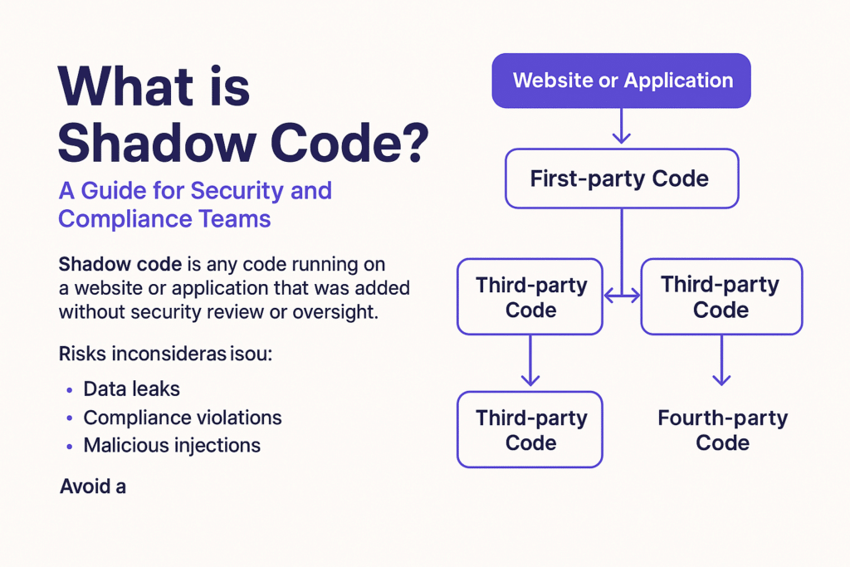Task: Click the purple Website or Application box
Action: tap(622, 81)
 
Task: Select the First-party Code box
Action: tap(621, 178)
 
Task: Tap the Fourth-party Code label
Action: tap(722, 430)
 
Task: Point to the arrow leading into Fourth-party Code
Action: tap(722, 360)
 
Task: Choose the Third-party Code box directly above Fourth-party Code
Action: tap(721, 297)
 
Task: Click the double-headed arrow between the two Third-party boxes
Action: tap(622, 295)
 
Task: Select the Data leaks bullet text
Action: tap(131, 389)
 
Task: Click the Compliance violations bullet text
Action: tap(183, 417)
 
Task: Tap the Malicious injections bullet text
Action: tap(172, 445)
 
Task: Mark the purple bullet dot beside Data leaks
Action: tap(68, 389)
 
